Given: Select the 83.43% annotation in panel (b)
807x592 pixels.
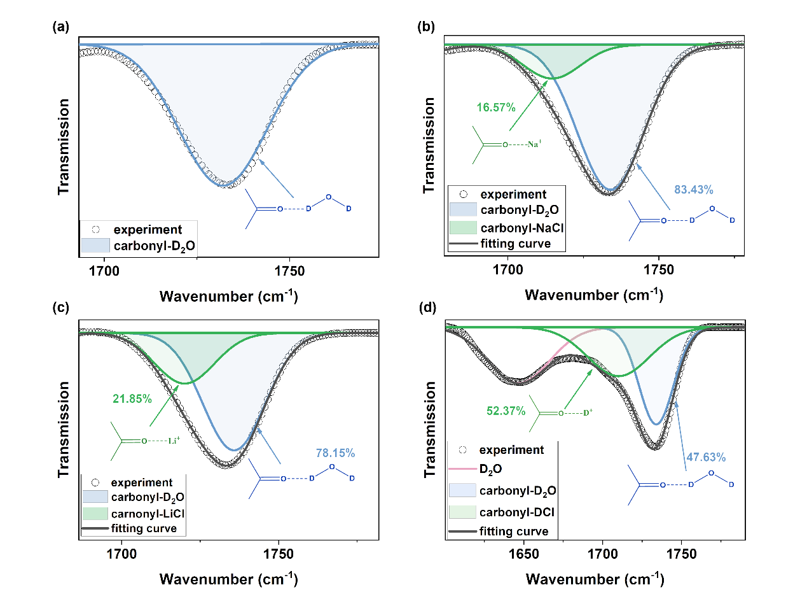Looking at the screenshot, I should click(694, 190).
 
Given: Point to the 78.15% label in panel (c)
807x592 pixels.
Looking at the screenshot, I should click(335, 453).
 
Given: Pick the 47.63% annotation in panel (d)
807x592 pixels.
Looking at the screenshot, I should click(705, 457).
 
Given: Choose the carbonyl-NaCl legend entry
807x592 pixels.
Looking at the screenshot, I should click(514, 228).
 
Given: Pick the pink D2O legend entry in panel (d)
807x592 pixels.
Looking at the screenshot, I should click(492, 470).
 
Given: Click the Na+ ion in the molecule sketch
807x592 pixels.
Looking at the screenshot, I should click(534, 145).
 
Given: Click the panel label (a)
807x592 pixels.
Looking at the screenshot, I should click(61, 27).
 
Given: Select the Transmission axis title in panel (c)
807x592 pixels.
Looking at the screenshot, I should click(64, 430).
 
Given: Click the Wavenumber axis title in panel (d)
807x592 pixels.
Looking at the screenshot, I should click(594, 579).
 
